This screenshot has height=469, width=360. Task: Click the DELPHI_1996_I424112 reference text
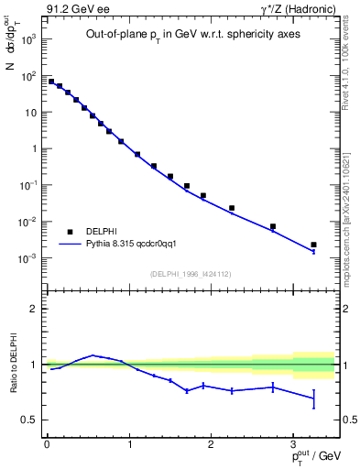(190, 273)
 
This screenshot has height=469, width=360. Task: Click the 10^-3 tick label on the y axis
(27, 258)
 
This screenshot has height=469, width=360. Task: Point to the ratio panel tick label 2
(34, 309)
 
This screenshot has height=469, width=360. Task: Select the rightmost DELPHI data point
(313, 245)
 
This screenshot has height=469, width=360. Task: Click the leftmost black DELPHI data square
(51, 82)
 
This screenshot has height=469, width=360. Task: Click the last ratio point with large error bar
(313, 398)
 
